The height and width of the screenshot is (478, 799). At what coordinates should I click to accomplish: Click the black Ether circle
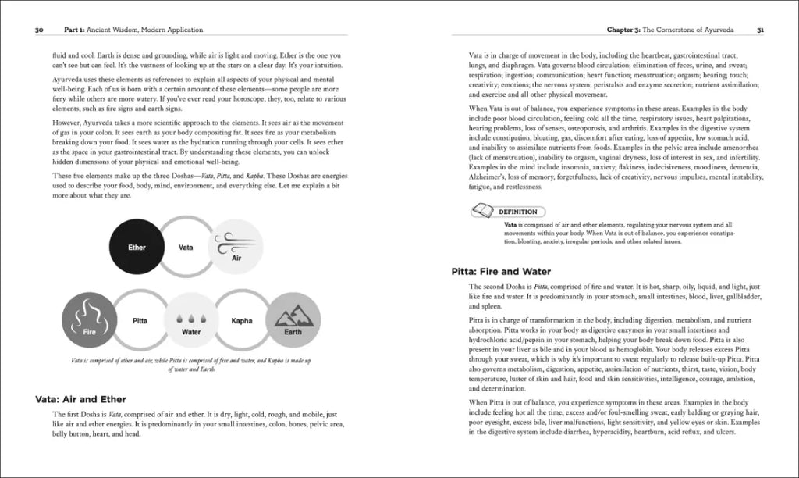pyautogui.click(x=137, y=248)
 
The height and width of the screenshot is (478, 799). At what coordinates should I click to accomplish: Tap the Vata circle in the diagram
pyautogui.click(x=186, y=248)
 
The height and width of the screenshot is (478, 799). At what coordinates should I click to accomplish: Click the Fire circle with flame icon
pyautogui.click(x=89, y=321)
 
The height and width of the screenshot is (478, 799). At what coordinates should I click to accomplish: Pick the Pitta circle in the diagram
pyautogui.click(x=140, y=321)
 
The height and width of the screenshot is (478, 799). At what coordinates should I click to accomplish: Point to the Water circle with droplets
pyautogui.click(x=191, y=321)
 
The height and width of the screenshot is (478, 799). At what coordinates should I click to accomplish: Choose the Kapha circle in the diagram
pyautogui.click(x=241, y=321)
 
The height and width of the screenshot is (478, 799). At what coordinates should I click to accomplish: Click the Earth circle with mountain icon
pyautogui.click(x=293, y=321)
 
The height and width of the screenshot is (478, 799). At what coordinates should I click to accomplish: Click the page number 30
pyautogui.click(x=40, y=30)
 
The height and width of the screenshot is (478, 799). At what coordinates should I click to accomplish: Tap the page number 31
pyautogui.click(x=760, y=30)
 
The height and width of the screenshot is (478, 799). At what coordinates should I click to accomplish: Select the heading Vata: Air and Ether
pyautogui.click(x=80, y=399)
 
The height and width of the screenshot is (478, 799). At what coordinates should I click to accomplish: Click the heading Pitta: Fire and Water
pyautogui.click(x=501, y=272)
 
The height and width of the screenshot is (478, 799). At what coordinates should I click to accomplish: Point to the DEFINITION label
pyautogui.click(x=522, y=211)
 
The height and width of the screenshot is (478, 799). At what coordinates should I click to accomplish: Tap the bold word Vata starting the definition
pyautogui.click(x=512, y=225)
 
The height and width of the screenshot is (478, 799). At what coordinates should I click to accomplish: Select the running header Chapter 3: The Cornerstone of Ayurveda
pyautogui.click(x=674, y=30)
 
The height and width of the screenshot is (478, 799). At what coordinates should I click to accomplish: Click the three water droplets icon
pyautogui.click(x=191, y=318)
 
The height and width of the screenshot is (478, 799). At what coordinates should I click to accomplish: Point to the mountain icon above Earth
pyautogui.click(x=293, y=316)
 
